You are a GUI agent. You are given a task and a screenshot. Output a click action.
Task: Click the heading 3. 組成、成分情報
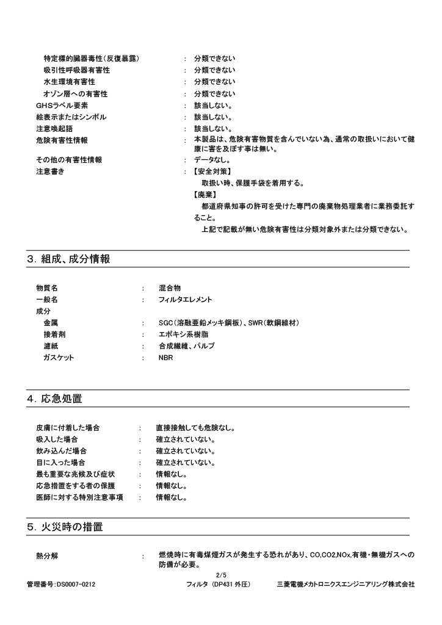(68, 259)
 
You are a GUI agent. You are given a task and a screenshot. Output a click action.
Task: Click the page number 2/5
(221, 575)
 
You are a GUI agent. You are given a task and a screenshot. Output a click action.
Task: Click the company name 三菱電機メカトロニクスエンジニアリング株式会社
(346, 585)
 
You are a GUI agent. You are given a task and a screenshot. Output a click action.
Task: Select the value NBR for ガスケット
(165, 358)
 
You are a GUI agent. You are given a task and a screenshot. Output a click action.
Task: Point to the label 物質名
(47, 288)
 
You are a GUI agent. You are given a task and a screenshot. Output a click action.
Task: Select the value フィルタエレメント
(185, 300)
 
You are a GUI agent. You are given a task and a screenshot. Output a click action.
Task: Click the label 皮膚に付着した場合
(68, 428)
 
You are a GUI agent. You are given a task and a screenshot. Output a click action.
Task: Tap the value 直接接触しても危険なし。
(195, 428)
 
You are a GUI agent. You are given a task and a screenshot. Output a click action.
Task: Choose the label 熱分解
(47, 556)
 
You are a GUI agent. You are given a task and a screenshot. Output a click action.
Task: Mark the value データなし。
(212, 160)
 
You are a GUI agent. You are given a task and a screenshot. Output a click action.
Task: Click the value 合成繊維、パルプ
(186, 346)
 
